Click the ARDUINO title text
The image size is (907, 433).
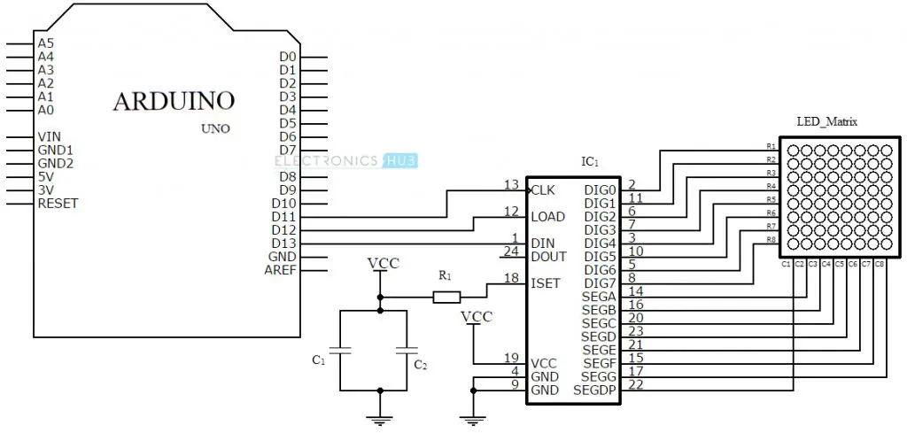click(174, 101)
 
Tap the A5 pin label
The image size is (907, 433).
click(46, 43)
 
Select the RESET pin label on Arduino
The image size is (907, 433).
click(58, 204)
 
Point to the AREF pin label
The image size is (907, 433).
click(280, 270)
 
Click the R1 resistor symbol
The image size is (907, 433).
click(446, 298)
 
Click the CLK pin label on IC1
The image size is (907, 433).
click(543, 190)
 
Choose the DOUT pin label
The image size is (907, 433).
click(549, 257)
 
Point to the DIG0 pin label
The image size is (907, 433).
click(601, 190)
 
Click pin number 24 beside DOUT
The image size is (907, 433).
click(510, 251)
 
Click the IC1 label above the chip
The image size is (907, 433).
click(590, 162)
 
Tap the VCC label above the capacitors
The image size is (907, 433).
click(382, 264)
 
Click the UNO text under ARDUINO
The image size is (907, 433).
click(215, 128)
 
